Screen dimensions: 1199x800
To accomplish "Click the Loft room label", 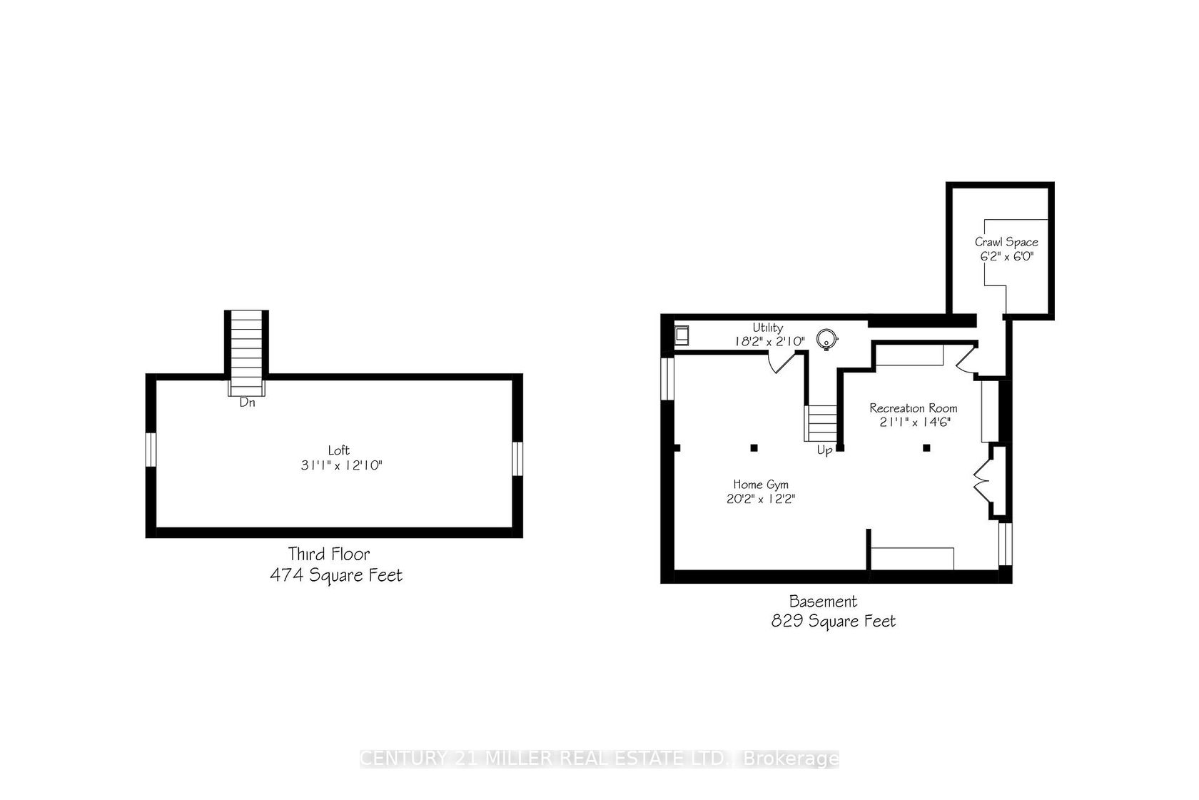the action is coord(339,450).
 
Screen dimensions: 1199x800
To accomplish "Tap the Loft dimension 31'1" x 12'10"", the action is coord(341,465).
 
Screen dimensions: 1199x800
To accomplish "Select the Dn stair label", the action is coord(247,402).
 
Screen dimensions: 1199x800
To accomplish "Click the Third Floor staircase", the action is coord(246,353).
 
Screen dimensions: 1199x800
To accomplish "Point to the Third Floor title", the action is coord(329,553).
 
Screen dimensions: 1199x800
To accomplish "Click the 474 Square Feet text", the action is coord(336,575).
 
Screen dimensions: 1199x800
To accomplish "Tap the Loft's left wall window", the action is coord(151,450).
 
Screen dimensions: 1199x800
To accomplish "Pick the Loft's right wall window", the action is coord(517,459).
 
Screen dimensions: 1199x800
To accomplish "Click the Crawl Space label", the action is coord(1006,242).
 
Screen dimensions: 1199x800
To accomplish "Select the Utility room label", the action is coord(768,328).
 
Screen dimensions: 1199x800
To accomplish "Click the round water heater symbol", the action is coord(827,339).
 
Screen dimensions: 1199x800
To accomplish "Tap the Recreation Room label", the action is coord(914,408).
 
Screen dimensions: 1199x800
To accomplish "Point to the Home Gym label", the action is coord(761,485).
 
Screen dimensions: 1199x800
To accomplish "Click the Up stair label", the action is coord(825,450).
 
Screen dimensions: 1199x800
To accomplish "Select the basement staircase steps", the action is coord(821,422).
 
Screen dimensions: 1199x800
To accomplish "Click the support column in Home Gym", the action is coord(754,448).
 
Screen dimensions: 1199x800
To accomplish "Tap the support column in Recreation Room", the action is coord(926,448).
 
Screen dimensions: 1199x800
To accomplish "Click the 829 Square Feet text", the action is coord(834,622).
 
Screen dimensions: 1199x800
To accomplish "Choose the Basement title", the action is coord(824,602).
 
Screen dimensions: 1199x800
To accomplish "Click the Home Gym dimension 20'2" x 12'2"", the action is coord(761,499).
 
